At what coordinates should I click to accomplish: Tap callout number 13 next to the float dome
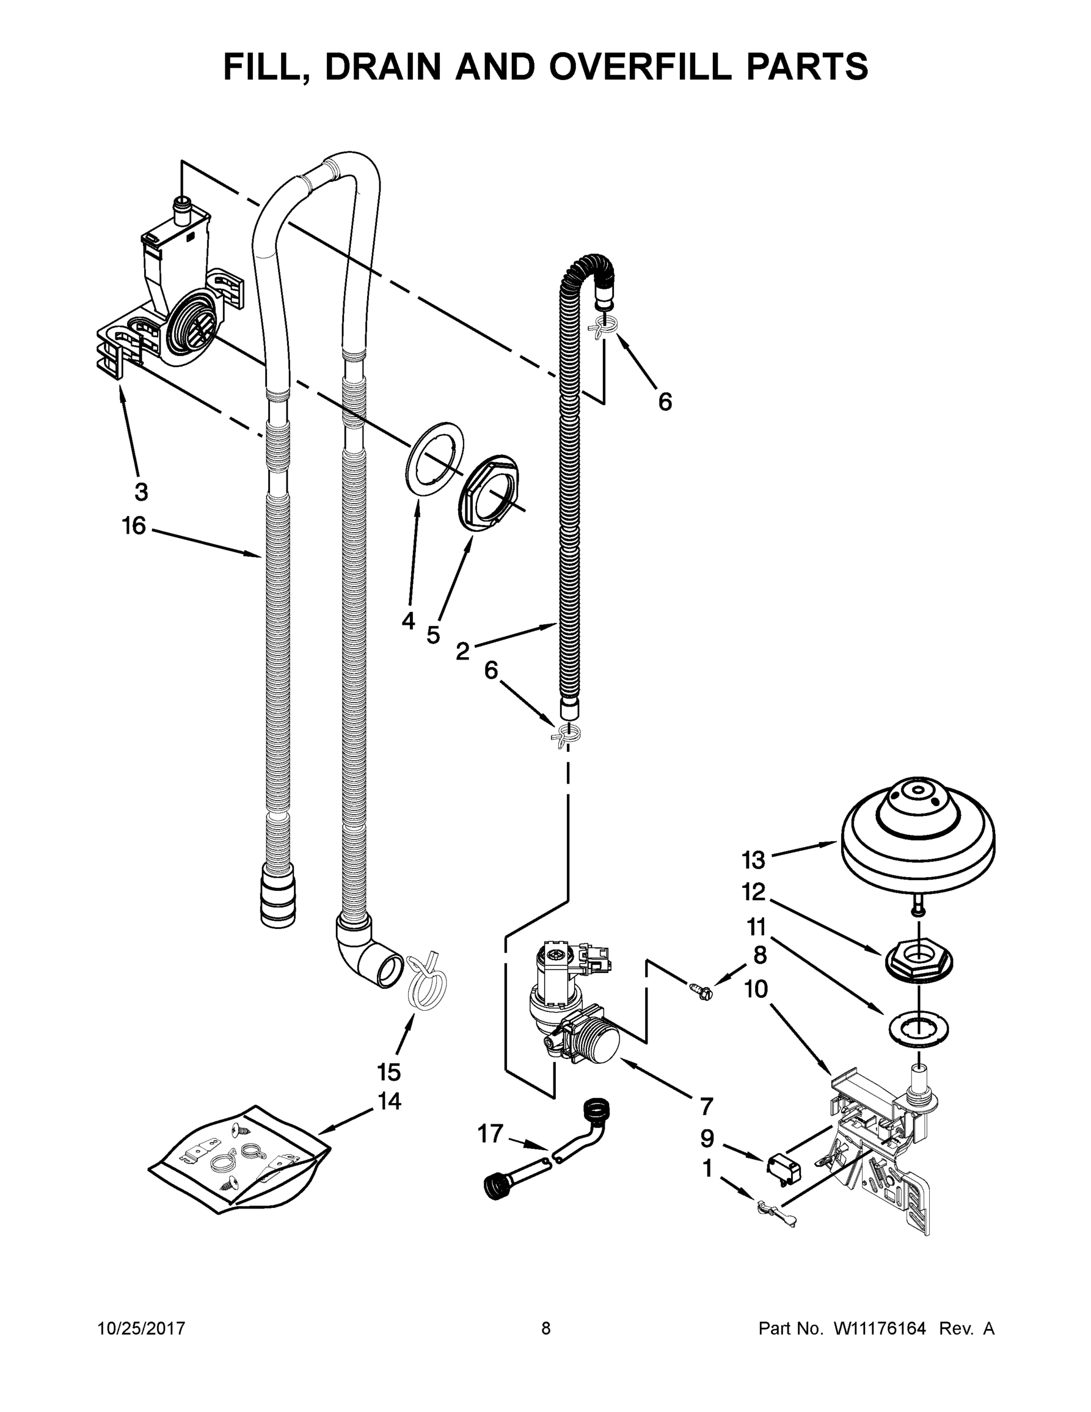pos(753,861)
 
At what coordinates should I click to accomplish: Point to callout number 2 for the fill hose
pos(462,650)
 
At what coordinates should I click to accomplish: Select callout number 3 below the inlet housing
pos(141,492)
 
